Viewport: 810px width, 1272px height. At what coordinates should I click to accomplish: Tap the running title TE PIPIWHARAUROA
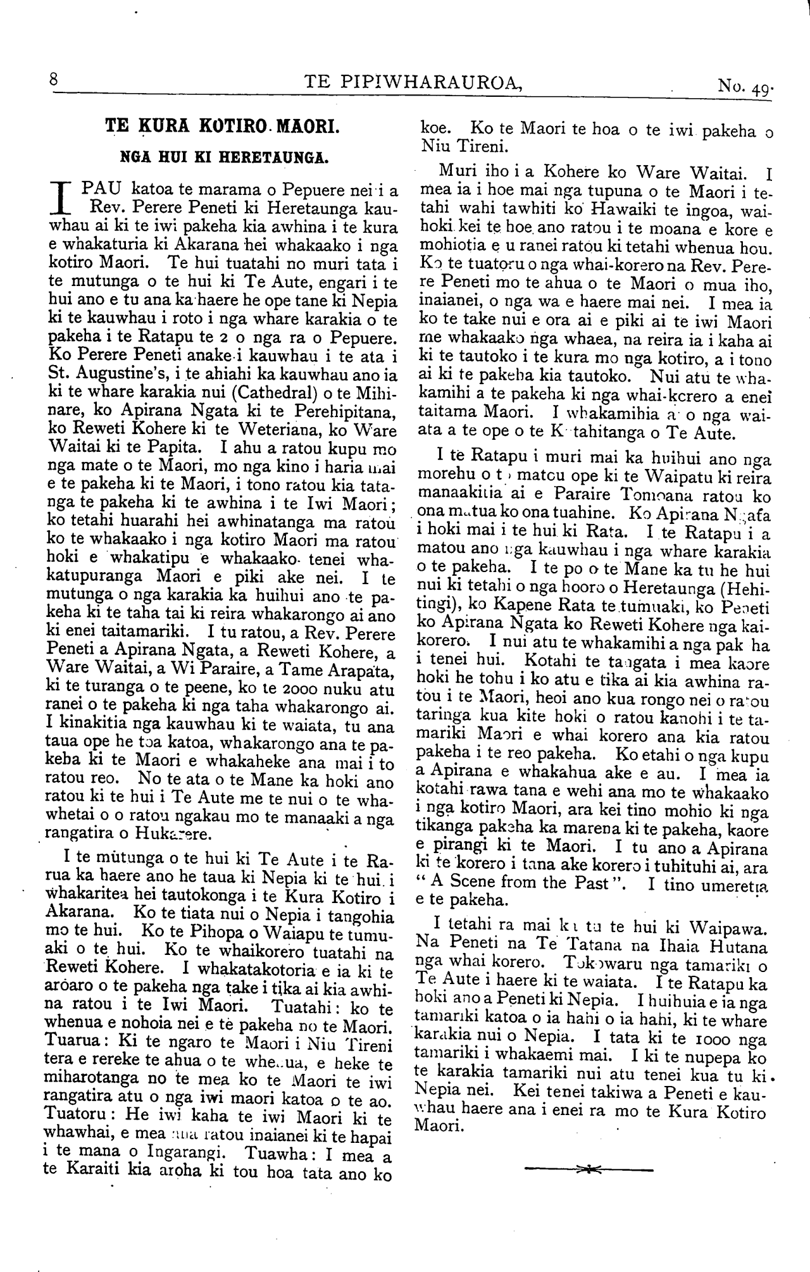(x=413, y=82)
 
